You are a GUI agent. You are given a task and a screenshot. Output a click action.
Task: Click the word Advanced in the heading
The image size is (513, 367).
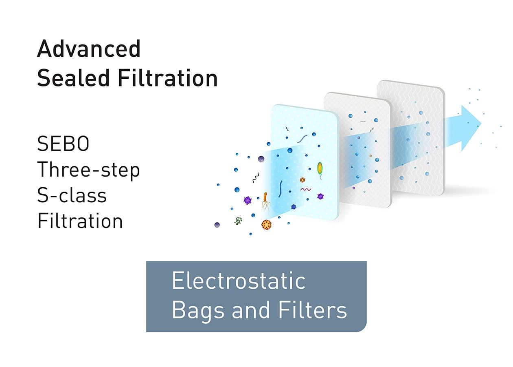click(89, 49)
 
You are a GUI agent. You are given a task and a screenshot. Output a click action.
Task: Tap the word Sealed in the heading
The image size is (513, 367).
click(73, 78)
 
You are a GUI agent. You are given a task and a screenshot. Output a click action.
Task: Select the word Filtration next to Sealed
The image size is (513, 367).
click(167, 78)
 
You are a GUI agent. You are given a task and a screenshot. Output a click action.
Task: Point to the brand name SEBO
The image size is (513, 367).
click(63, 144)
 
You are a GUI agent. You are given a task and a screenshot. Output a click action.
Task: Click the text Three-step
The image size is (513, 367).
click(88, 170)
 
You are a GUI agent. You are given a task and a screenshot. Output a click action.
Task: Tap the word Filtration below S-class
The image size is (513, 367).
click(80, 221)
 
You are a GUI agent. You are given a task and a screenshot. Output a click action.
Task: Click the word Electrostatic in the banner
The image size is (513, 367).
click(239, 281)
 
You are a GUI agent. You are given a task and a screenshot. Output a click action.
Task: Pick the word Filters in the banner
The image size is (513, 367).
click(313, 310)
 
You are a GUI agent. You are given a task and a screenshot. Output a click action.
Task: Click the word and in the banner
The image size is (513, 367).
click(251, 310)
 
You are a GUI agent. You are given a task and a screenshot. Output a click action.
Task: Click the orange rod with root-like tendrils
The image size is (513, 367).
click(265, 201)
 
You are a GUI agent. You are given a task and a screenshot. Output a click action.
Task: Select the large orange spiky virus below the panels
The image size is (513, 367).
click(266, 225)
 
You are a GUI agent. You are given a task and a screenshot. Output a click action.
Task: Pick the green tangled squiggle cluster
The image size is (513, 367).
click(238, 221)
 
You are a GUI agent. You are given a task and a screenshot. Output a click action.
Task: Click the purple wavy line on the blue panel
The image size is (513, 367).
click(306, 190)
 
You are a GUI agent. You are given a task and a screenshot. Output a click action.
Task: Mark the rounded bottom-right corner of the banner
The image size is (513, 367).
click(364, 329)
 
